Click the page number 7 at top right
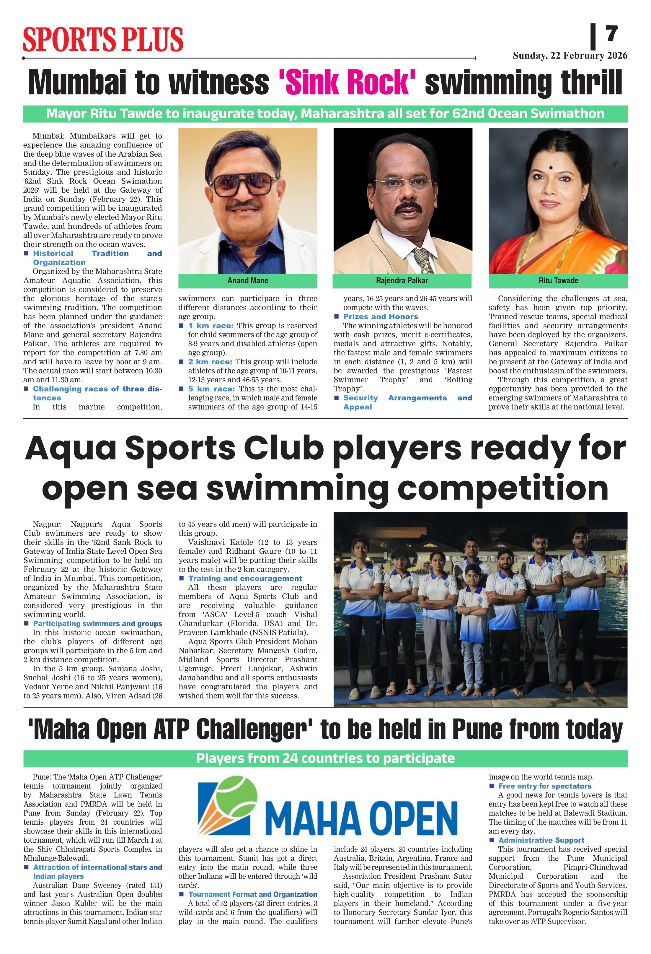(612, 34)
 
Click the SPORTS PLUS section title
(103, 39)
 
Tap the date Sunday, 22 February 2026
(570, 56)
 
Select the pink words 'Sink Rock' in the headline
(347, 82)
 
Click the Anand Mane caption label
(248, 281)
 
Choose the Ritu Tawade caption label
(558, 281)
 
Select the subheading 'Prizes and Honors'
(380, 316)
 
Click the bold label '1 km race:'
(211, 326)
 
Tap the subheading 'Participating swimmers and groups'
(98, 624)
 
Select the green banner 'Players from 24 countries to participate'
(325, 758)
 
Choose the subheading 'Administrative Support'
(541, 840)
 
